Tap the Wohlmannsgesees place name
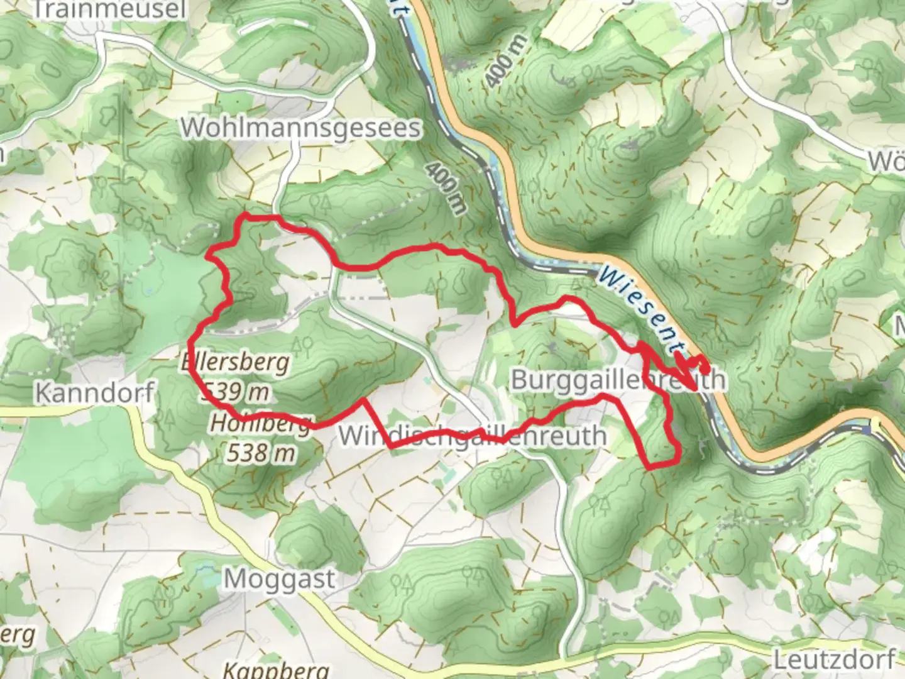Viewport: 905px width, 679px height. (301, 128)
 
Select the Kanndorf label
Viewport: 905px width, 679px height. (94, 392)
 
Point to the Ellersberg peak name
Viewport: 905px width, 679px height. (236, 362)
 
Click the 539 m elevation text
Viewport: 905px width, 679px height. (236, 392)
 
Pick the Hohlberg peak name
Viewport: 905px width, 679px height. (260, 424)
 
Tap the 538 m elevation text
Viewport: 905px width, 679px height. (260, 452)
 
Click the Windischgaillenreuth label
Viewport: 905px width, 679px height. (473, 436)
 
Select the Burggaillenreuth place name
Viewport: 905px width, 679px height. (618, 380)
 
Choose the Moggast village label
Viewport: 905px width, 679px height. (280, 578)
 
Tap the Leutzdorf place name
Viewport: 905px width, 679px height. (834, 660)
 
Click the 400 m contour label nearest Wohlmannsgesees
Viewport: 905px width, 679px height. (447, 187)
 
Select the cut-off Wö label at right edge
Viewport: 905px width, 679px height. (886, 162)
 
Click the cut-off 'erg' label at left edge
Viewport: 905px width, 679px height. (17, 636)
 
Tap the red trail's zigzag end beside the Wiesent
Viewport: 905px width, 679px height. (694, 363)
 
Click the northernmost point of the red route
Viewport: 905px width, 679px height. (245, 216)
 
